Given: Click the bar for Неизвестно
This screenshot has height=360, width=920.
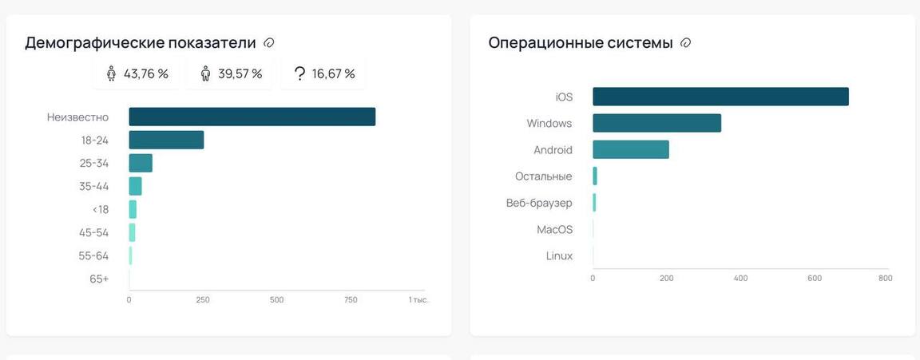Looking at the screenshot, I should [x=252, y=117].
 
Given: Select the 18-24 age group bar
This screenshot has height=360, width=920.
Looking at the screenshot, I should [x=166, y=140].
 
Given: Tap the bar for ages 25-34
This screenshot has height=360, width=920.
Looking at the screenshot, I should [x=141, y=163].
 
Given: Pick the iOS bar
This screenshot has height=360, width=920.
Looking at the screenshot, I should [x=720, y=97].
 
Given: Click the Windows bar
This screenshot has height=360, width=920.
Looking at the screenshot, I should [x=656, y=123].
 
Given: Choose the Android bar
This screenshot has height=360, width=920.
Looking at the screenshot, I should [x=630, y=149].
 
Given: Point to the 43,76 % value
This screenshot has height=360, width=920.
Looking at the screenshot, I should [x=145, y=74].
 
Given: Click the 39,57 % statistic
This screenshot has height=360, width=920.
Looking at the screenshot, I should [x=240, y=74].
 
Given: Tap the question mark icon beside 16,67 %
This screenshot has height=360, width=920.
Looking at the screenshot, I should [x=299, y=74].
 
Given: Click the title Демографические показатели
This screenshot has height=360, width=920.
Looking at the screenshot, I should [x=141, y=43].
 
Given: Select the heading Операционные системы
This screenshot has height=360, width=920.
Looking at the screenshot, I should [x=581, y=43].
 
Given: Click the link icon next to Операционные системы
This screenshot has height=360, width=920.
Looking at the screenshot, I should [x=685, y=43].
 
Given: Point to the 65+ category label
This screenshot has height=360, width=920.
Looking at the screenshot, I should [x=99, y=279].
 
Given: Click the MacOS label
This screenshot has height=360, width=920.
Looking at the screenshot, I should [x=554, y=229].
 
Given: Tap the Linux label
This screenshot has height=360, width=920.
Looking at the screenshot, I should [x=559, y=255].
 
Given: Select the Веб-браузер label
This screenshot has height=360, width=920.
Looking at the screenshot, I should [x=539, y=203].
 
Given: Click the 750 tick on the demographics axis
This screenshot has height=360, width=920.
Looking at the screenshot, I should [x=351, y=300].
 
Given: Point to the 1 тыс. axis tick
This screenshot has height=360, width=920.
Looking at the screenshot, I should [x=418, y=300].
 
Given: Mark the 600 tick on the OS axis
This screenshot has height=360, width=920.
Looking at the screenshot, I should [x=815, y=279].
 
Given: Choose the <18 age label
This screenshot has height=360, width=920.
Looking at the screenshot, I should [x=101, y=209].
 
